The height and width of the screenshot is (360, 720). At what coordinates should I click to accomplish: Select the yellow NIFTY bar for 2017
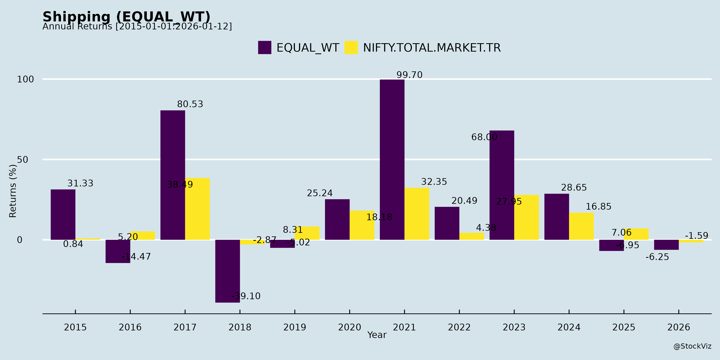tap(197, 209)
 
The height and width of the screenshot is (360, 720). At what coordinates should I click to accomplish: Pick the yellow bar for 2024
tap(581, 226)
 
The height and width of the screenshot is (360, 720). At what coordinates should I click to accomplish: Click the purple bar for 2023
tap(502, 185)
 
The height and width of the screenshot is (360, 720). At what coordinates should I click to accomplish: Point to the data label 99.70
tap(409, 75)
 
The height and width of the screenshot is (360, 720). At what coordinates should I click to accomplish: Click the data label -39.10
tap(246, 296)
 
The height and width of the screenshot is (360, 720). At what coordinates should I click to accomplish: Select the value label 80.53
tap(190, 104)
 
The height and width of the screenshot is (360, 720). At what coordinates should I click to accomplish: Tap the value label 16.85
tap(598, 207)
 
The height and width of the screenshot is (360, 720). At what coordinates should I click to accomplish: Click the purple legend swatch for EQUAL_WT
tap(264, 48)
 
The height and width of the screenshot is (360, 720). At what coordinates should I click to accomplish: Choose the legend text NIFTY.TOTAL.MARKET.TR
tap(432, 48)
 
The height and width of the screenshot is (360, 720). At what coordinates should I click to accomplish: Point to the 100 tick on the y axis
tap(25, 79)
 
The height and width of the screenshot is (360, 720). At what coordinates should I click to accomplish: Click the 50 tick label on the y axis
tap(23, 160)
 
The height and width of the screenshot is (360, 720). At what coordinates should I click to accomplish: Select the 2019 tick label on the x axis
tap(295, 327)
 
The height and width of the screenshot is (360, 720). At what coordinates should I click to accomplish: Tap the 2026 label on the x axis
tap(679, 327)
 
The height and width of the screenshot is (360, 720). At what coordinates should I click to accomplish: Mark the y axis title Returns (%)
tap(13, 191)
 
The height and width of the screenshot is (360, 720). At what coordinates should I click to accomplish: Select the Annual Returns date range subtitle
tap(137, 27)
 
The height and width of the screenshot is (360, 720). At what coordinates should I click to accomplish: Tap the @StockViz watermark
tap(692, 346)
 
